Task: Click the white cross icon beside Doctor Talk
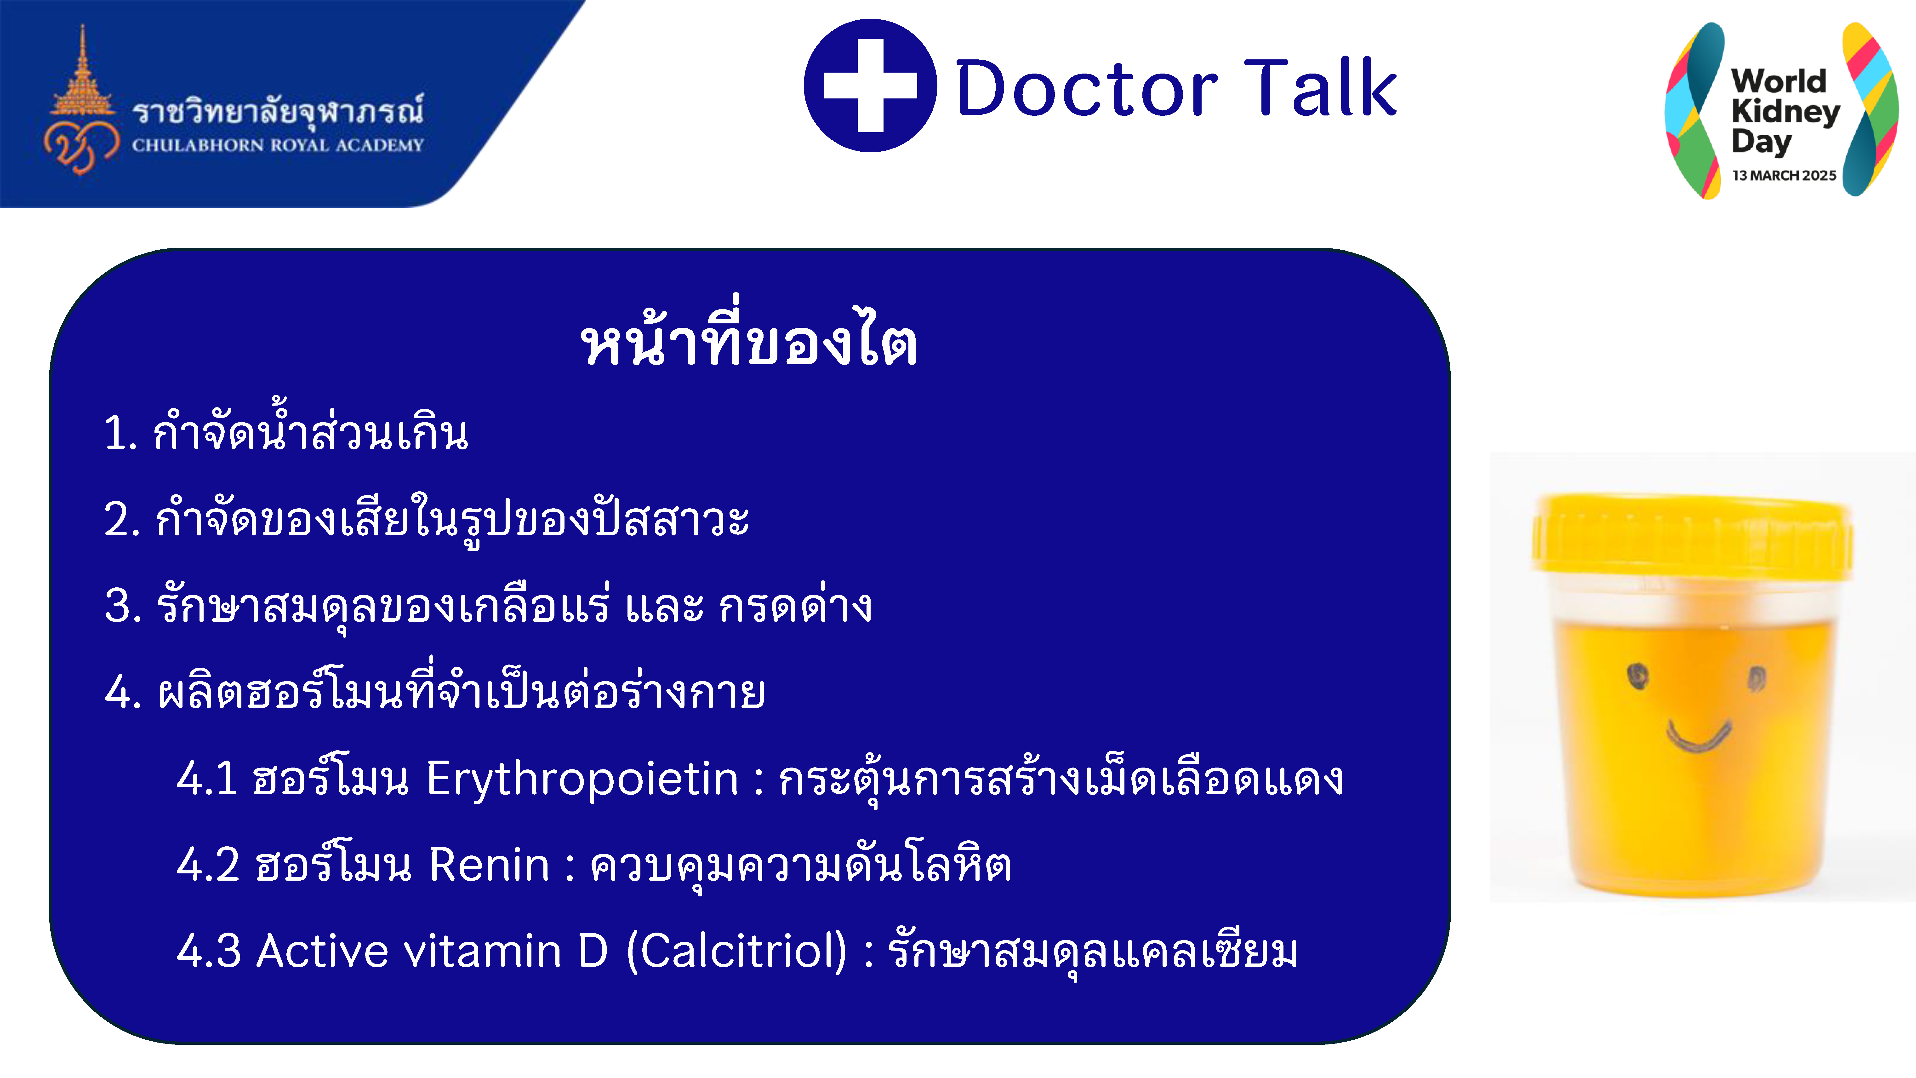(870, 86)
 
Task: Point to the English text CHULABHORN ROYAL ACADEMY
(277, 145)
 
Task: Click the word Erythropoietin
(582, 779)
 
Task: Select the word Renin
(489, 865)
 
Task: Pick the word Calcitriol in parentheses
(736, 952)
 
